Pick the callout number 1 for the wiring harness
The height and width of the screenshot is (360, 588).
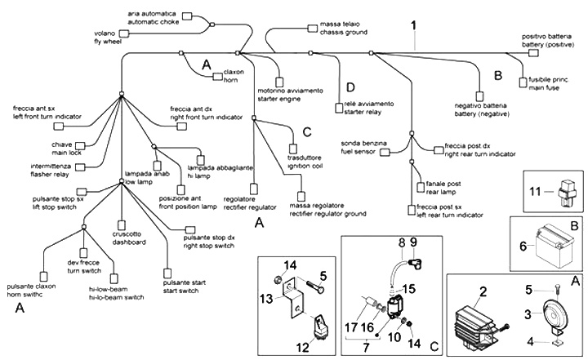tap(414, 25)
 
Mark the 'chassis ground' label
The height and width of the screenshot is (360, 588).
tap(326, 33)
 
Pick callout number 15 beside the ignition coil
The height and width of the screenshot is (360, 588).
tap(409, 287)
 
